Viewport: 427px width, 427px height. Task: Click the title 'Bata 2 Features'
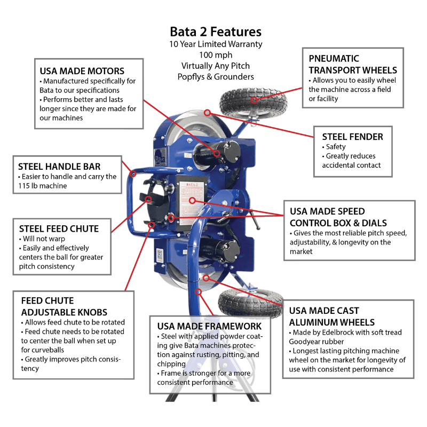216,31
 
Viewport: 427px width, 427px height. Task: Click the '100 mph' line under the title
216,55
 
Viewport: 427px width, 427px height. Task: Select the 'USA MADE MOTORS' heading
82,71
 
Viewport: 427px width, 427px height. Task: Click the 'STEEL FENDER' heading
352,137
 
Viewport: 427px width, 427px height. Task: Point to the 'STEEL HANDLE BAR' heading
59,166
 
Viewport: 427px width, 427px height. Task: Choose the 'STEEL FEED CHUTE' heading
58,229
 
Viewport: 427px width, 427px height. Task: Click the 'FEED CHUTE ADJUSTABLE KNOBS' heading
64,306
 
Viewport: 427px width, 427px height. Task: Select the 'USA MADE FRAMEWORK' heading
209,326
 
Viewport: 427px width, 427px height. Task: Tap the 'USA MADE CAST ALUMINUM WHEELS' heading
331,317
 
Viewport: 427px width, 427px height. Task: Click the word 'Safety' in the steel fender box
336,147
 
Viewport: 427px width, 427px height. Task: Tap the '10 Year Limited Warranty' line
216,44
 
